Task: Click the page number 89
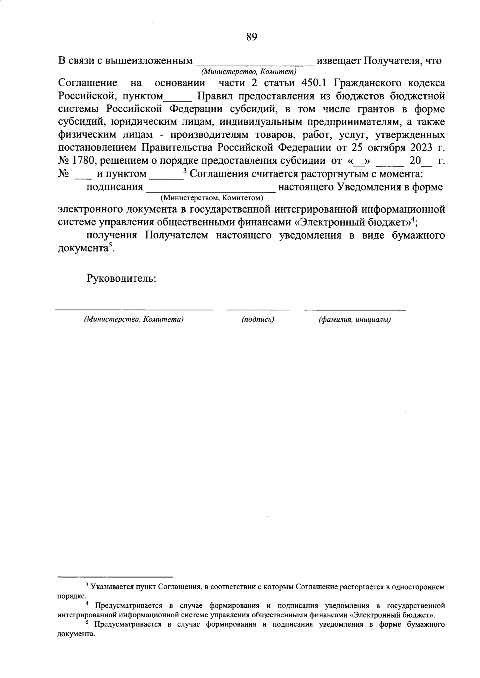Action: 251,38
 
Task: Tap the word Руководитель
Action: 121,278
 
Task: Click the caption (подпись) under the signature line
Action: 258,320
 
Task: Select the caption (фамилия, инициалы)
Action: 354,320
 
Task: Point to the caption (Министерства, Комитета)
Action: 134,320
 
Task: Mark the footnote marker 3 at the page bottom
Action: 87,585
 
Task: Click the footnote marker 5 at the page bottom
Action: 87,623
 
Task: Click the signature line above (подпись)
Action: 258,309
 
